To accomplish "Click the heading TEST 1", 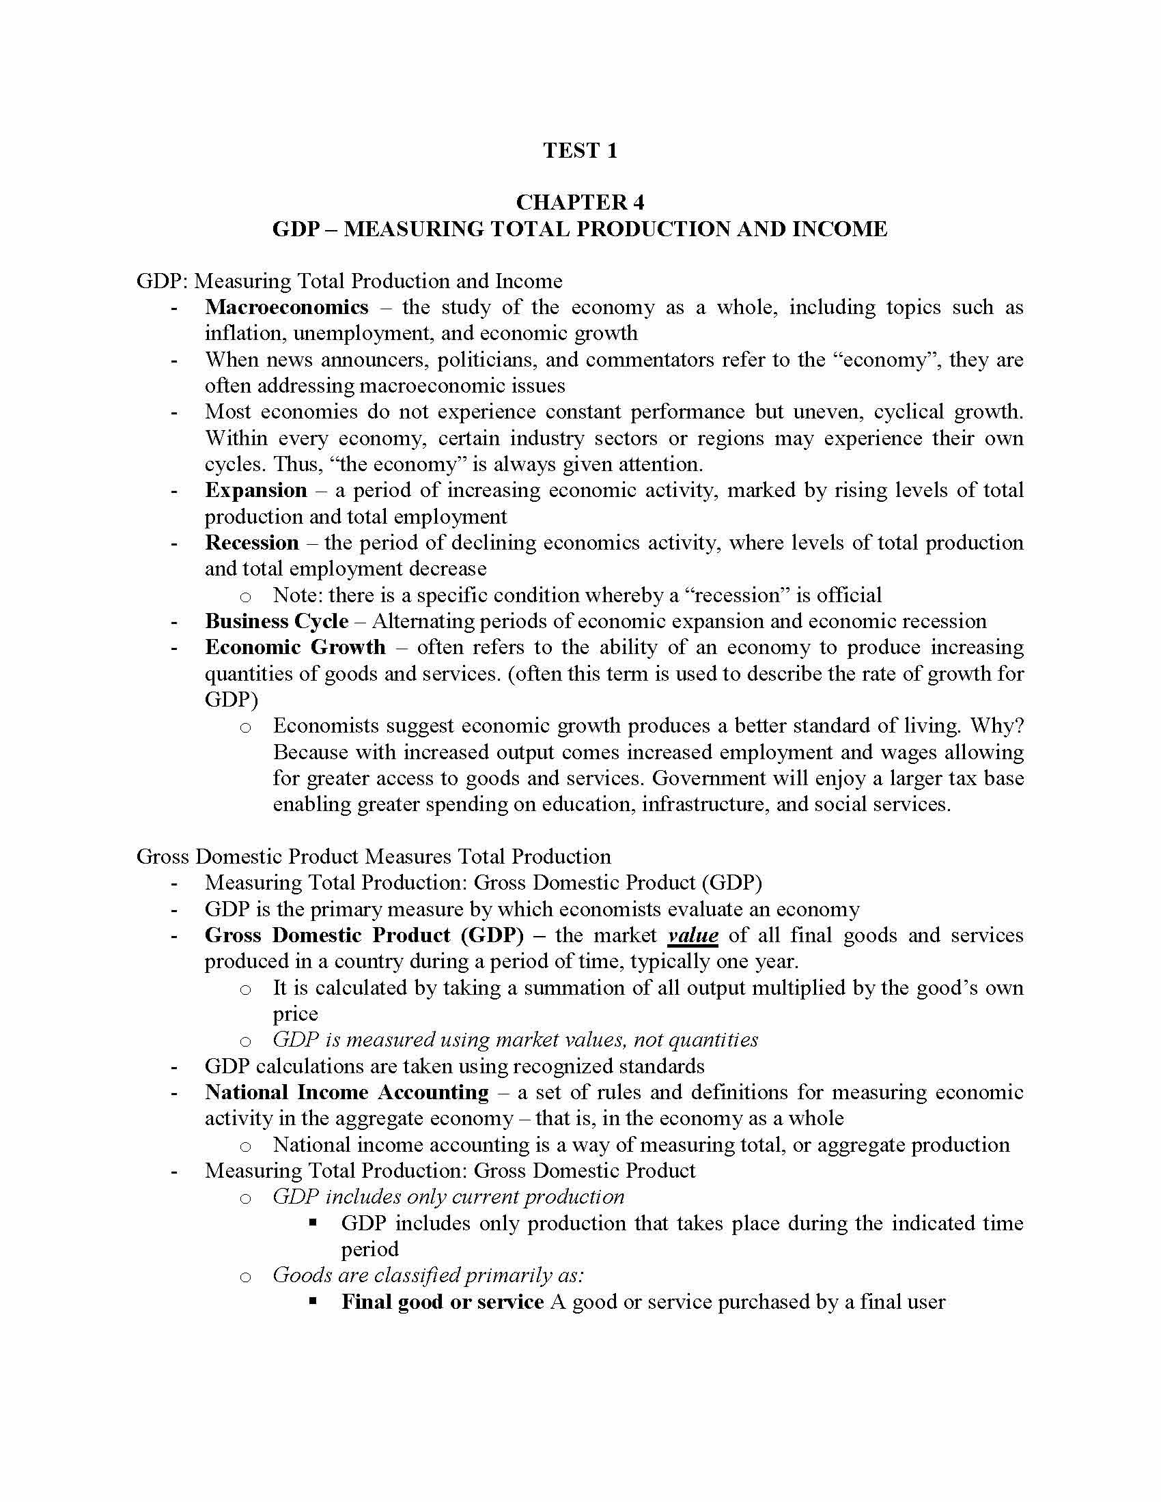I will pyautogui.click(x=580, y=150).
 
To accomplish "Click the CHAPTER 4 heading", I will pyautogui.click(x=580, y=202).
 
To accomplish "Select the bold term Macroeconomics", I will pyautogui.click(x=286, y=307).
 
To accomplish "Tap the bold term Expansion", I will pyautogui.click(x=256, y=490).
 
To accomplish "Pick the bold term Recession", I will pyautogui.click(x=252, y=543).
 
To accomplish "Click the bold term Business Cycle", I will pyautogui.click(x=277, y=621).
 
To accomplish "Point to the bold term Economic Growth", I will pyautogui.click(x=295, y=647).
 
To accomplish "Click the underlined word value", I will pyautogui.click(x=693, y=935).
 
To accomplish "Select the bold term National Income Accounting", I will pyautogui.click(x=347, y=1092).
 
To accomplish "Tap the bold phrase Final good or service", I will pyautogui.click(x=443, y=1302).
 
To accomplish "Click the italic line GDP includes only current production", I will pyautogui.click(x=449, y=1197).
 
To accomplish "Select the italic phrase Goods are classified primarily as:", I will pyautogui.click(x=428, y=1275).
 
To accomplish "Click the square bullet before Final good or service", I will pyautogui.click(x=313, y=1301).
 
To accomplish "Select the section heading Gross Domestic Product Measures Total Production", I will pyautogui.click(x=374, y=856).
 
